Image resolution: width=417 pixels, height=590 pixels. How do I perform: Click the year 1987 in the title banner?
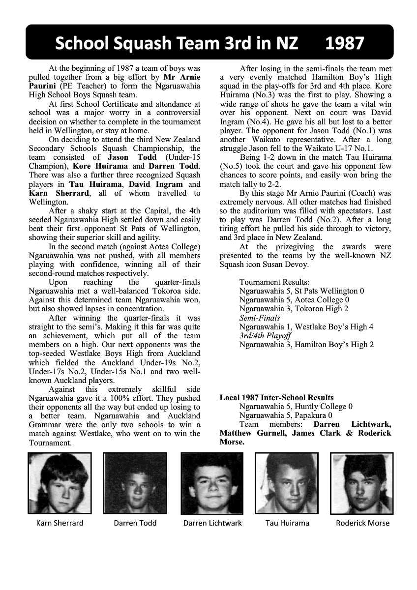[345, 43]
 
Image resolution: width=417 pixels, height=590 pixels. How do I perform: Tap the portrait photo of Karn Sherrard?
[60, 483]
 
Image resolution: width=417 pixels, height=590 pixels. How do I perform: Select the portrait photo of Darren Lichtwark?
[212, 483]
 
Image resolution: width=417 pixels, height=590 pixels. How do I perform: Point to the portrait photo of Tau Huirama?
[287, 483]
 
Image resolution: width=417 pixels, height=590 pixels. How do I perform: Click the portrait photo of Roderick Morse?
[361, 483]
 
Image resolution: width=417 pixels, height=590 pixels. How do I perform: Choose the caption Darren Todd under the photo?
[135, 523]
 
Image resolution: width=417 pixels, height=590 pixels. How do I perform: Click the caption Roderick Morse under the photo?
[362, 523]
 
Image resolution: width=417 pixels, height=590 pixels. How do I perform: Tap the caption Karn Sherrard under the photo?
[60, 523]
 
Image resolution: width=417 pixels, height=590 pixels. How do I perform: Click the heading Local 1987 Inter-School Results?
[276, 398]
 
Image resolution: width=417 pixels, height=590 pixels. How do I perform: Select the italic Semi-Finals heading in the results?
[259, 318]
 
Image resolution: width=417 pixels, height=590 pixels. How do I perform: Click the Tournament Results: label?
[274, 282]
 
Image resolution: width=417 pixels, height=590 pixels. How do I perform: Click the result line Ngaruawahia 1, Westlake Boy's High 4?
[306, 327]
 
